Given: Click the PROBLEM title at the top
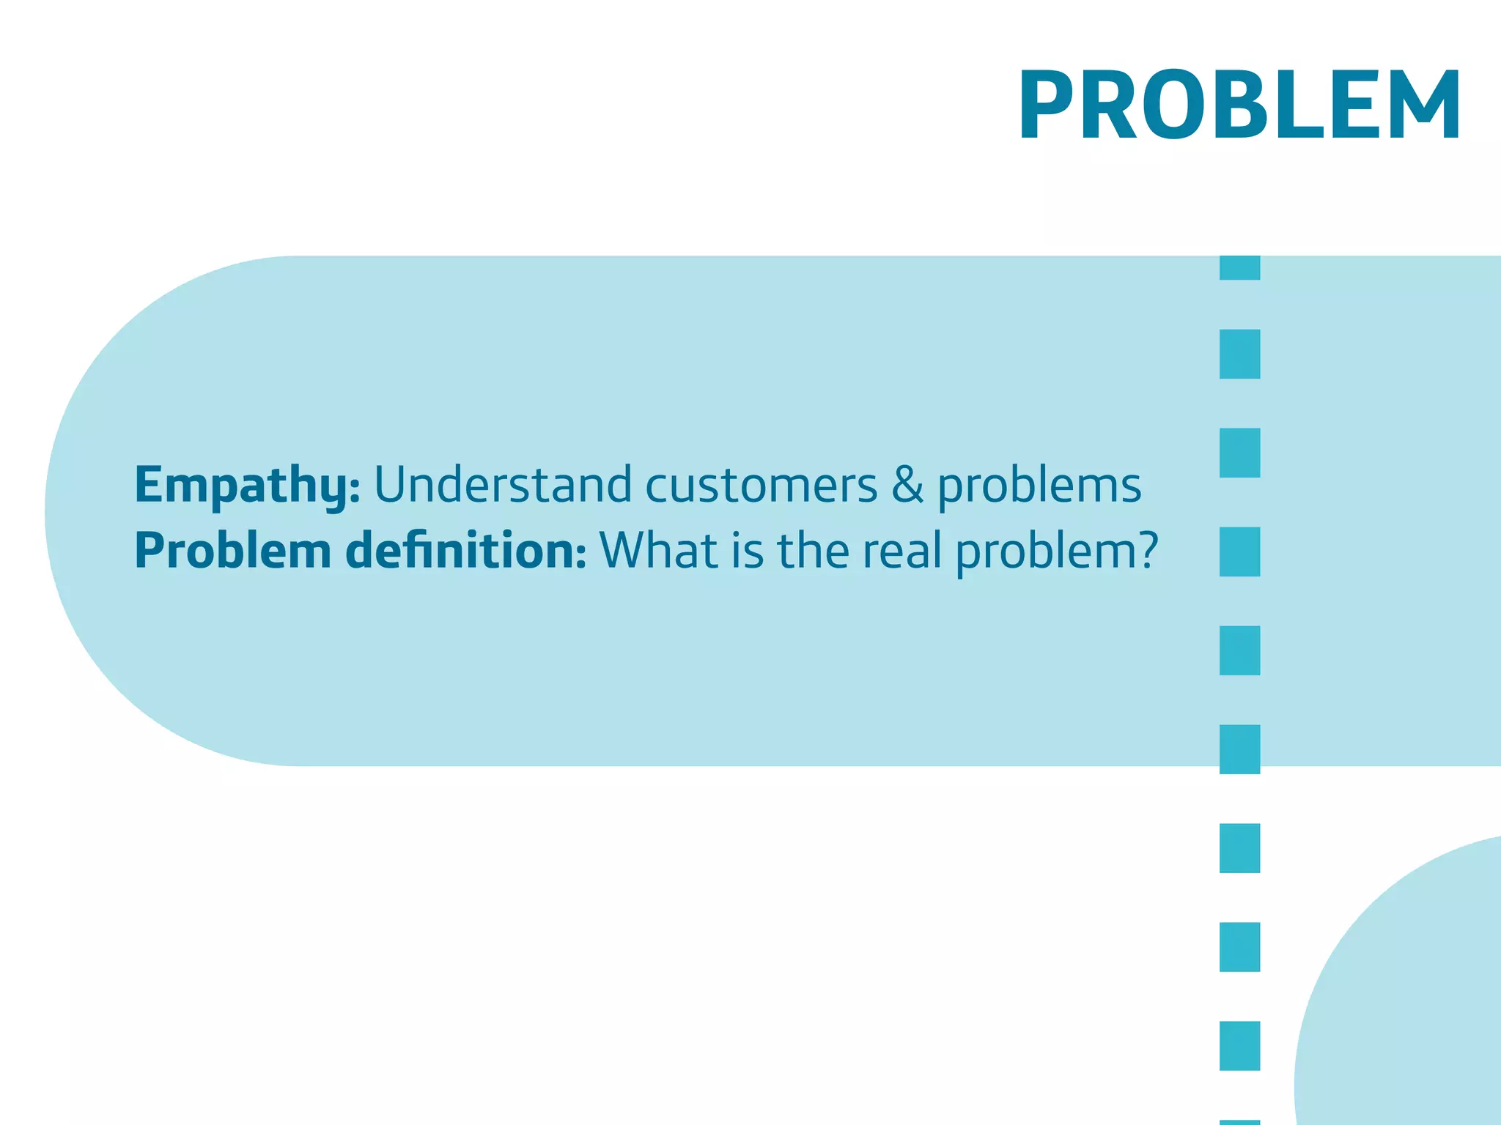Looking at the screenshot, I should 1239,104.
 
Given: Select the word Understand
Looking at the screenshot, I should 503,485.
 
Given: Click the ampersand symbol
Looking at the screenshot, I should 907,485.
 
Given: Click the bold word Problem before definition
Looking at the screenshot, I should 233,551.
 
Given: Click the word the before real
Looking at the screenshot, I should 814,550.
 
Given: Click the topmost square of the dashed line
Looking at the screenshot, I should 1239,267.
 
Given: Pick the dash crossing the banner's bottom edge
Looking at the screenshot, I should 1239,749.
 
